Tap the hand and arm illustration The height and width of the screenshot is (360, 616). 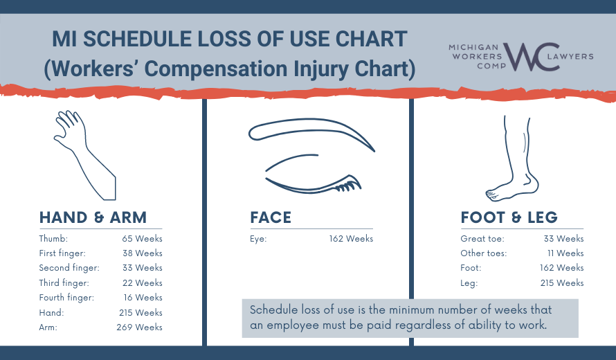[86, 153]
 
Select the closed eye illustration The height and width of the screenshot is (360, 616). [311, 156]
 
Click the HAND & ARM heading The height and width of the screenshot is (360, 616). [93, 217]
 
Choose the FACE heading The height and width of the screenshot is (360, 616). [271, 217]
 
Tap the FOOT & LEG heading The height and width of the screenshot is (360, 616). [509, 217]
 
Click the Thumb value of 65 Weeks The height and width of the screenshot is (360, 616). [141, 239]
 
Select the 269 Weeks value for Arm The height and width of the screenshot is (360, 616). [139, 327]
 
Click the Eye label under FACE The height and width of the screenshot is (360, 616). [258, 239]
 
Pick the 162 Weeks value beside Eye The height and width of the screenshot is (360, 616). [351, 239]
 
